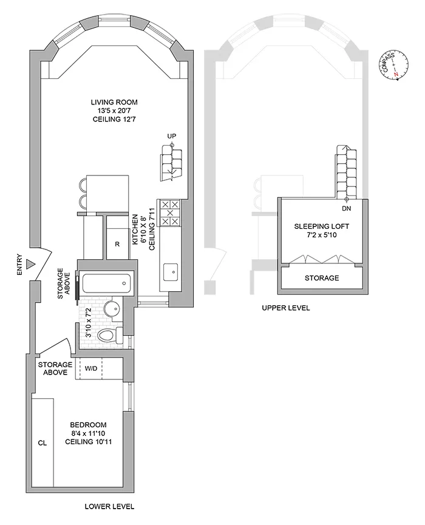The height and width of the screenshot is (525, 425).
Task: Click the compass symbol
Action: coord(394,65)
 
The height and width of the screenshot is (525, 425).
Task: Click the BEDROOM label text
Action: coord(88,424)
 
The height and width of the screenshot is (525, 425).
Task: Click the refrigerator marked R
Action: coord(117,245)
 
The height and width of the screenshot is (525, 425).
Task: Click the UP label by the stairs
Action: coord(171,136)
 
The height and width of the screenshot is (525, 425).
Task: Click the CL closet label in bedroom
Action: coord(42,443)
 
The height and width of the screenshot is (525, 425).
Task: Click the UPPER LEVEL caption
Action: coord(285,308)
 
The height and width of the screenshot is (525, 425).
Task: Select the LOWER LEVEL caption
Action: coord(109,506)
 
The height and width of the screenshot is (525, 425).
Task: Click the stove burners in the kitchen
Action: coord(170,213)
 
